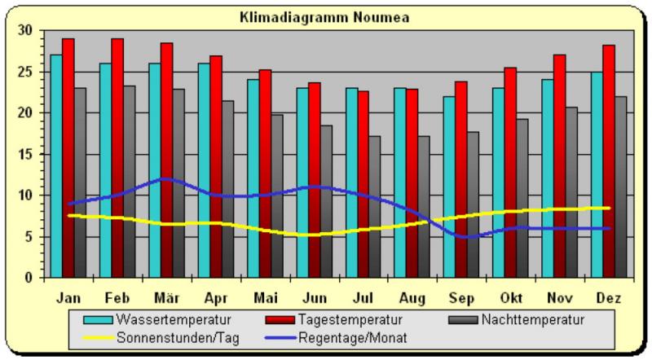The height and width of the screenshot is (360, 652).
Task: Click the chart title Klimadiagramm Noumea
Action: (324, 16)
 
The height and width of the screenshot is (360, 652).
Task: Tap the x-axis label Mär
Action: (166, 298)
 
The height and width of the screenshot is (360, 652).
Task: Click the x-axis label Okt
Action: (510, 298)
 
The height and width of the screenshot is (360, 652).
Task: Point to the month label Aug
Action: (412, 298)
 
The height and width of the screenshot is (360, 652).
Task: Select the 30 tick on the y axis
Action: (28, 31)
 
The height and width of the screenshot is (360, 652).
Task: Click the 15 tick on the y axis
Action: (28, 155)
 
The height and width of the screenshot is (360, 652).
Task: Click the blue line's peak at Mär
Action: (166, 178)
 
